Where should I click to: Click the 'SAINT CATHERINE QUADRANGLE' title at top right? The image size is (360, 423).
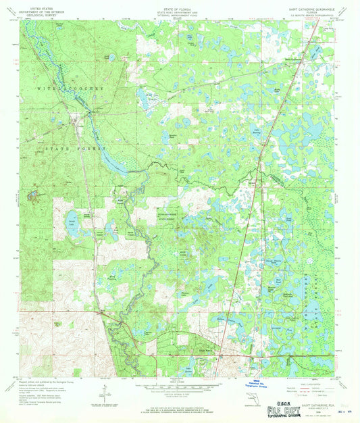[x=311, y=8]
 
